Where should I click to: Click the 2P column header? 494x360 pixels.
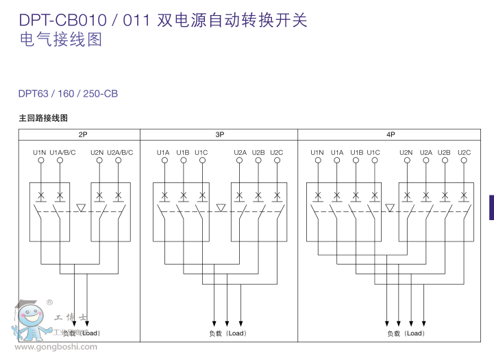coord(82,134)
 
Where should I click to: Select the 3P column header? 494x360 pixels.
coord(219,134)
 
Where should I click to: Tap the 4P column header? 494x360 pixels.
coord(391,134)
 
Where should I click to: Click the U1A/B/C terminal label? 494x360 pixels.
coord(63,152)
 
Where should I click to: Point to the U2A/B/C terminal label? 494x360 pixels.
coord(120,152)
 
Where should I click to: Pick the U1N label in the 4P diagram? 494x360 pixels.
coord(317,152)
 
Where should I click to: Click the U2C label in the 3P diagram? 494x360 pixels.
coord(276,152)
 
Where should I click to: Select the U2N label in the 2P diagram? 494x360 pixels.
coord(97,152)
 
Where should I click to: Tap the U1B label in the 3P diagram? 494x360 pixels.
coord(182,152)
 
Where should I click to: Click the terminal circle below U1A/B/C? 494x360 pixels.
coord(60,160)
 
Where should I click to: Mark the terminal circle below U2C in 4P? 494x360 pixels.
coord(464,160)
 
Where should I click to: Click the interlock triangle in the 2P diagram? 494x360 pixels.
coord(81,207)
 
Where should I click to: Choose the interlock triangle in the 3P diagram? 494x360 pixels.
coord(221,207)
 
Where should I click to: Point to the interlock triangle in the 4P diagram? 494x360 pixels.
coord(390,207)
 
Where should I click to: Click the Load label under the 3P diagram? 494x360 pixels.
coord(227,333)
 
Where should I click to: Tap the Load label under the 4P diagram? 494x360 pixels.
coord(406,333)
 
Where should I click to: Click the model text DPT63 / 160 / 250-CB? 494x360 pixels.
coord(69,93)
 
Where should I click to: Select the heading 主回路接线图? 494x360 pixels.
coord(43,119)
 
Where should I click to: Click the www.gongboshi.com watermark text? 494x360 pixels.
coord(56,347)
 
